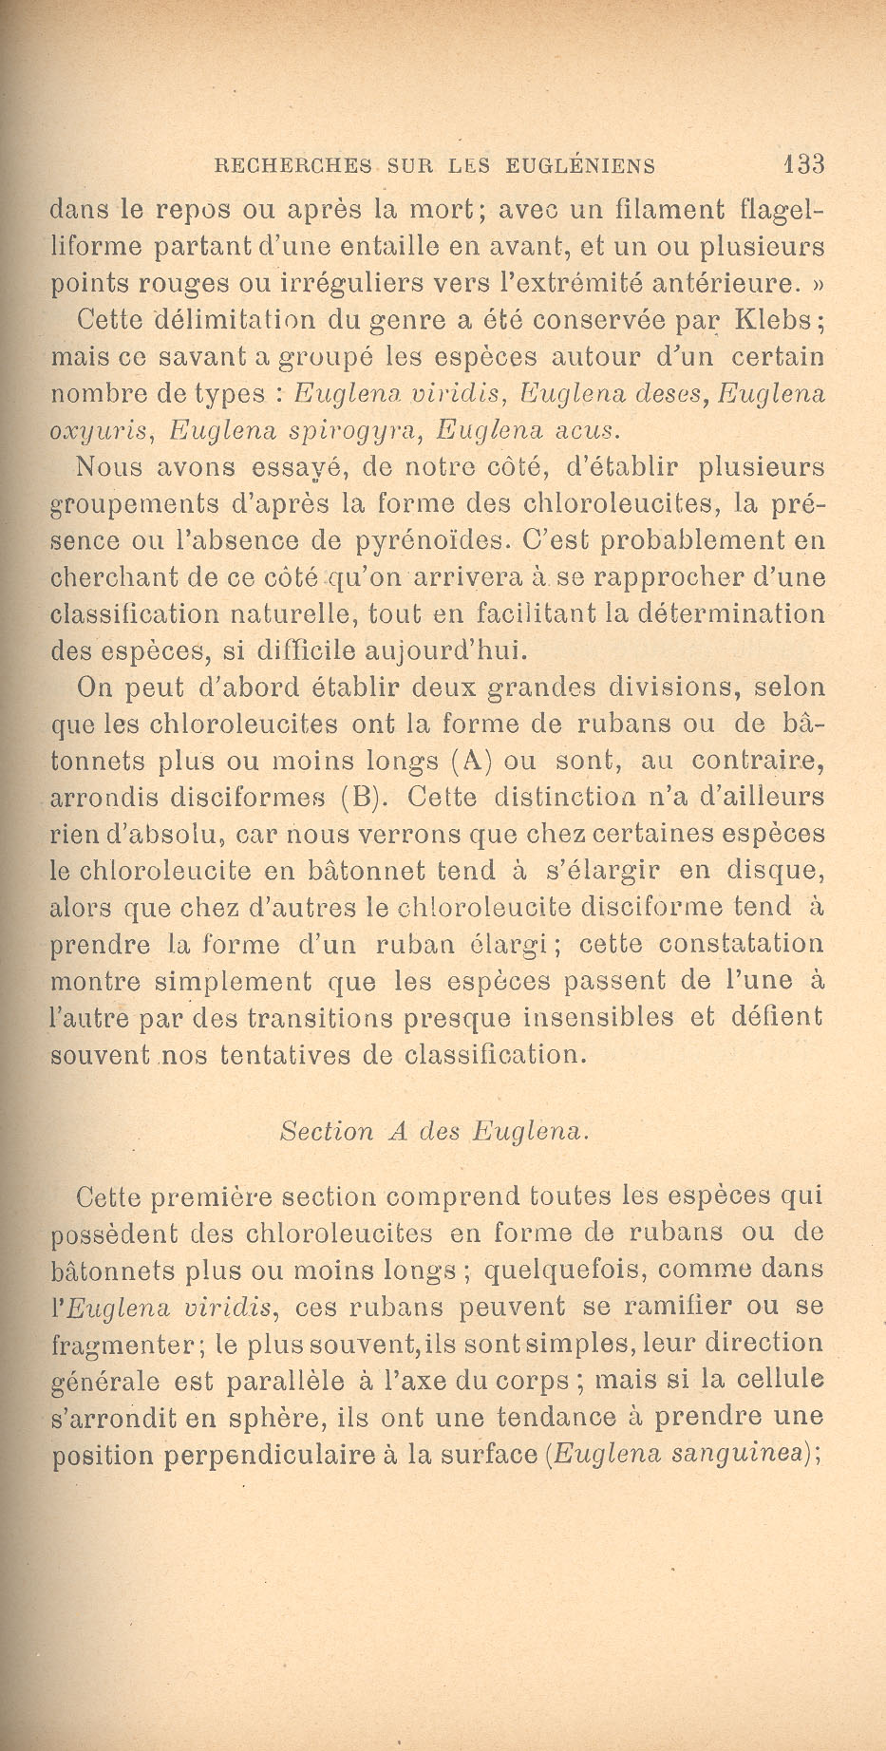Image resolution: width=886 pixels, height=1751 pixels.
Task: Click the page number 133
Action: tap(803, 164)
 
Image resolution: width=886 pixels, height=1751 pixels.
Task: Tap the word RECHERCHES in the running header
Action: tap(293, 165)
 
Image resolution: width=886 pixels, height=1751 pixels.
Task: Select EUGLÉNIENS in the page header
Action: tap(580, 165)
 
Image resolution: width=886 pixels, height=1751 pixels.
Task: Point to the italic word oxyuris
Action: tap(100, 431)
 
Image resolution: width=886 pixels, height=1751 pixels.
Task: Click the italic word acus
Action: tap(585, 431)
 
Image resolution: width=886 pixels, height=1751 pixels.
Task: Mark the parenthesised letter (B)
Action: tap(360, 798)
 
